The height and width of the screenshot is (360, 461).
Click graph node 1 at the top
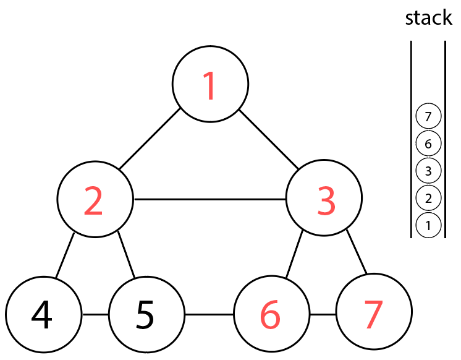coord(210,84)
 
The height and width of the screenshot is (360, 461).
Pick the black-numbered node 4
coord(43,315)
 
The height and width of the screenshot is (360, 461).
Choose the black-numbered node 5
coord(146,315)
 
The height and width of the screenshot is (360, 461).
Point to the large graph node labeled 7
coord(373,315)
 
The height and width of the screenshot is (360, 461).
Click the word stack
coord(428,18)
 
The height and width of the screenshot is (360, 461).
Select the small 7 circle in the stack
coord(428,116)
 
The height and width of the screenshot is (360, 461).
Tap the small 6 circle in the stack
coord(428,144)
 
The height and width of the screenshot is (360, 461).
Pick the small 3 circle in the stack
coord(428,170)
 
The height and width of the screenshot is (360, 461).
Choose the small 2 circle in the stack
coord(428,198)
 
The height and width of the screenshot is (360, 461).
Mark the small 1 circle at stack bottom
coord(428,225)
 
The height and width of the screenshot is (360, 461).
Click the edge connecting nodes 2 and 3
coord(210,199)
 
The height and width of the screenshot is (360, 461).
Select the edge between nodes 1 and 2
coord(150,139)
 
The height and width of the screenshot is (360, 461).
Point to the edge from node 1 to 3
coord(269,140)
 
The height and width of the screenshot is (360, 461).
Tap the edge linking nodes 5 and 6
coord(209,315)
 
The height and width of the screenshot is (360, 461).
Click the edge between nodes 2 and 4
coord(66,255)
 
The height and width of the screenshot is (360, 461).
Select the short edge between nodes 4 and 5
coord(95,315)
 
